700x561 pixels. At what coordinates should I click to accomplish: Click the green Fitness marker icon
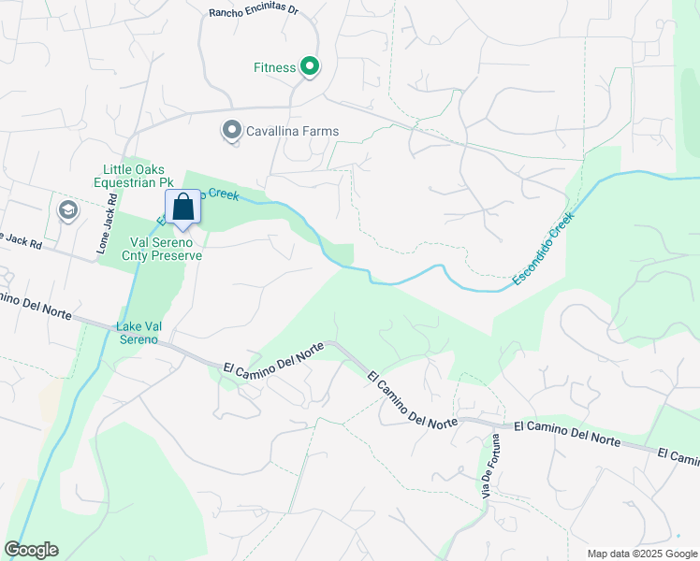(x=310, y=66)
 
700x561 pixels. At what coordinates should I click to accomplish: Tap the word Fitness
(x=274, y=67)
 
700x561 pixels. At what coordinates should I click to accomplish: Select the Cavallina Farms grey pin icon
(x=231, y=131)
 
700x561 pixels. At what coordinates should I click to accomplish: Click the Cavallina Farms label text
(x=292, y=132)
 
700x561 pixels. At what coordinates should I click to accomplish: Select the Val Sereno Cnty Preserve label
(x=163, y=247)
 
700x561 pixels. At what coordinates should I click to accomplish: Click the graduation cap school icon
(x=67, y=210)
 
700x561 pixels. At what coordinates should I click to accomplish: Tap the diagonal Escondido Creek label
(x=543, y=249)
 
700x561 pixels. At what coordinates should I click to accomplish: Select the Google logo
(x=31, y=550)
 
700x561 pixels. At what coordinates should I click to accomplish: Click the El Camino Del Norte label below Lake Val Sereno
(x=273, y=357)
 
